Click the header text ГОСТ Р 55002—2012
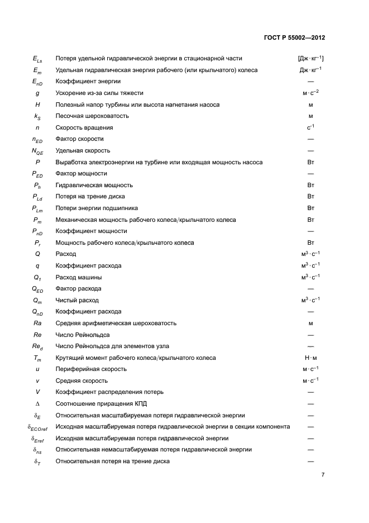[294, 38]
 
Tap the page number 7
[323, 475]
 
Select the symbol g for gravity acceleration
[37, 93]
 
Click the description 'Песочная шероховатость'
[92, 116]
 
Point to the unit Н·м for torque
[310, 358]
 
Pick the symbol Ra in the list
[37, 323]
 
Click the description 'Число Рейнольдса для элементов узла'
[112, 346]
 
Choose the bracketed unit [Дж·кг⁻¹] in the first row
[311, 58]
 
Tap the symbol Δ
[37, 403]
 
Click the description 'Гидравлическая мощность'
[94, 185]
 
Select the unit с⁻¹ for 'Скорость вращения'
[310, 127]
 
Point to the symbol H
[37, 104]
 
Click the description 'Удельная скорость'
[83, 150]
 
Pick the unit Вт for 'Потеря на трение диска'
[310, 196]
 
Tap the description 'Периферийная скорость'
[91, 369]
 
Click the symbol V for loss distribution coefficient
[37, 392]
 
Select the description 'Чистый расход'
[77, 300]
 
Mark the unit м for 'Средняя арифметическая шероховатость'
[310, 323]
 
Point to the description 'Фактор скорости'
[80, 139]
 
